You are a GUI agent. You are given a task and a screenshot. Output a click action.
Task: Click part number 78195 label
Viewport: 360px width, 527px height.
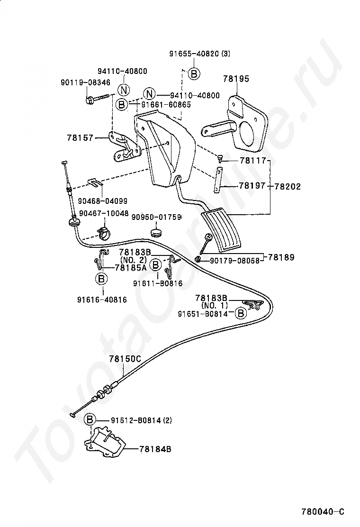[236, 79]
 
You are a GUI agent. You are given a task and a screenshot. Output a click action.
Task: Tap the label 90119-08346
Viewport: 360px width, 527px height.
[85, 82]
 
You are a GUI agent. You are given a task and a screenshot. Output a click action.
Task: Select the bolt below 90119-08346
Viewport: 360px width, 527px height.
[99, 99]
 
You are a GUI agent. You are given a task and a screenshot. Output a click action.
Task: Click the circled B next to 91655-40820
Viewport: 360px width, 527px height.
[194, 73]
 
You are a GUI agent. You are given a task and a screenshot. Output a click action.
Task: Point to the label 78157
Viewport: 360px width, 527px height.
[80, 137]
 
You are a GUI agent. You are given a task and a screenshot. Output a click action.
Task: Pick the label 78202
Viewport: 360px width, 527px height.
[288, 186]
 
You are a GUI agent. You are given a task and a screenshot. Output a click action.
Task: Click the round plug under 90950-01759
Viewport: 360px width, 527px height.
[156, 232]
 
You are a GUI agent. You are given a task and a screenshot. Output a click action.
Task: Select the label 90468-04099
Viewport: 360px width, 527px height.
[102, 201]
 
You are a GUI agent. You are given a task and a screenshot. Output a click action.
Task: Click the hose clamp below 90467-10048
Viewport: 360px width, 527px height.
[104, 233]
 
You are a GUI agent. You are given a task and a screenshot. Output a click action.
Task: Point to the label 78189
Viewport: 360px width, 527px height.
[281, 257]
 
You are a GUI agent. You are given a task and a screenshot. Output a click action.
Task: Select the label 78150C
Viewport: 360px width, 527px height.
[125, 359]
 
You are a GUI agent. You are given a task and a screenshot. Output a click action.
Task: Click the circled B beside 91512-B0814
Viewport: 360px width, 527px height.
[90, 419]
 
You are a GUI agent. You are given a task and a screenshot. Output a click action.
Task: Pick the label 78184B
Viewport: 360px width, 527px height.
[155, 449]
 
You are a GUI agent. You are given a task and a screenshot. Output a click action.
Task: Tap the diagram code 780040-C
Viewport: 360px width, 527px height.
[323, 512]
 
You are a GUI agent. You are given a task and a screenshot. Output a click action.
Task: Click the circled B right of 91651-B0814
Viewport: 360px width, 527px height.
[241, 313]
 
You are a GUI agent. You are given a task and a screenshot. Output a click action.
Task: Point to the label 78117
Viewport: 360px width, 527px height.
[253, 161]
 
